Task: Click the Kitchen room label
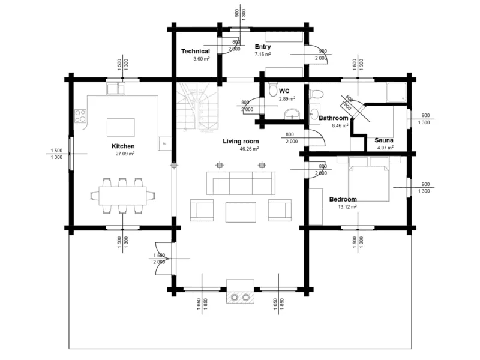point(123,146)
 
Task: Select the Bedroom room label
point(343,199)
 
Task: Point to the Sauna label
point(384,140)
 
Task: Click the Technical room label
point(196,52)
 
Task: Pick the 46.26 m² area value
point(248,149)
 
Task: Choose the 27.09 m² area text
point(125,154)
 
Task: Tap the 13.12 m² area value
point(347,206)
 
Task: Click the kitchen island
point(121,127)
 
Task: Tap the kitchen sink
point(116,89)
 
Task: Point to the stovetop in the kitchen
point(80,116)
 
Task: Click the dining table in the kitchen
point(122,195)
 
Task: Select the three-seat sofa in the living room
point(240,182)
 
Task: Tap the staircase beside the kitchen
point(196,108)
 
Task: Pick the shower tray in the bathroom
point(396,91)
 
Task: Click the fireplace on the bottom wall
point(240,292)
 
